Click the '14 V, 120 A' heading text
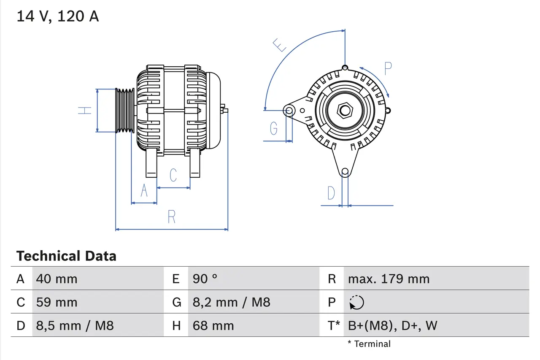point(57,16)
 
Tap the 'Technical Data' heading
point(66,256)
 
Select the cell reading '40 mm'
point(57,279)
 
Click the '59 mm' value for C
point(57,302)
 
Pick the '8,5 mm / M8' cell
point(75,325)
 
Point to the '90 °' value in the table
point(205,279)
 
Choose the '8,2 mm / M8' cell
point(231,302)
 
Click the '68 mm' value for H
point(213,325)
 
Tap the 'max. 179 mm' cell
point(389,279)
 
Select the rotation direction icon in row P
point(356,302)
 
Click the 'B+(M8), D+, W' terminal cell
point(392,325)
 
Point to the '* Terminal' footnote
point(369,344)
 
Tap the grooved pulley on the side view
point(125,110)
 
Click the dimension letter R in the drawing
point(171,217)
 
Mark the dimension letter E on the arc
point(280,45)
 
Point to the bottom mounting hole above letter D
point(345,171)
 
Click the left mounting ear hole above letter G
point(289,111)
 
